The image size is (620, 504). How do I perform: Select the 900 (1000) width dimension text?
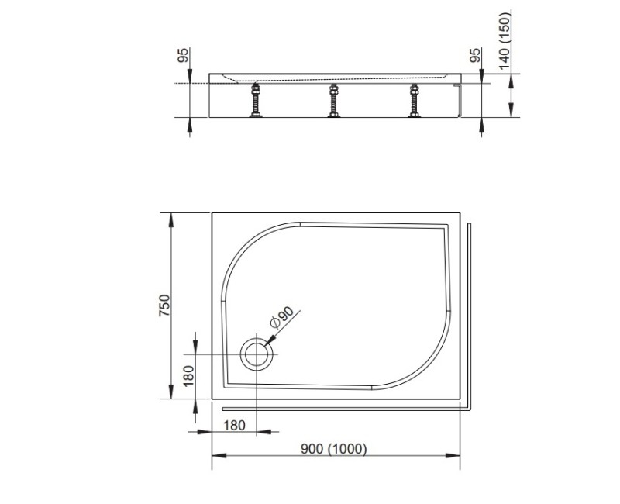[335, 449]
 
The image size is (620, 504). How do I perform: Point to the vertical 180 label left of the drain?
[187, 378]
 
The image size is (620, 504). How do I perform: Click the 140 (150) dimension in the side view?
[505, 40]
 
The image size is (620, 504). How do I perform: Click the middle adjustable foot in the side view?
[334, 102]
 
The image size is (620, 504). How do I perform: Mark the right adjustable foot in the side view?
[415, 102]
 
